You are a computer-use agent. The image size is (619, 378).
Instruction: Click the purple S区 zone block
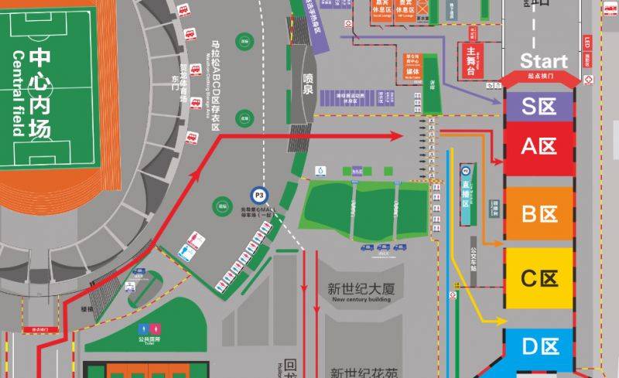point(539,106)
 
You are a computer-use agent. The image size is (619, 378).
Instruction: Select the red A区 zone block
point(539,147)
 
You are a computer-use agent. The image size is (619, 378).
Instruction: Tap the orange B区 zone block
point(539,214)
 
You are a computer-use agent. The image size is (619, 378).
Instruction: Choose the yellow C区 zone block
point(539,278)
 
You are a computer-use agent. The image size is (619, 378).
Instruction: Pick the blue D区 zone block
point(539,346)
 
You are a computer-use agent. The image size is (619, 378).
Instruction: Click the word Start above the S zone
point(543,61)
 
